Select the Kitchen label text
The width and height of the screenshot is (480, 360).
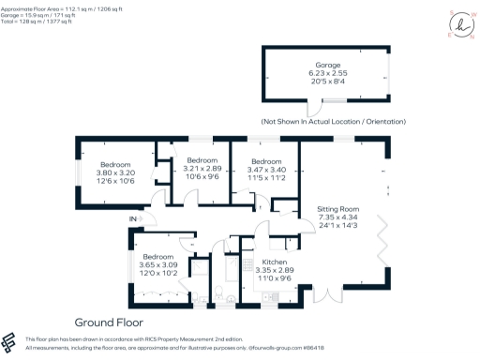(274, 263)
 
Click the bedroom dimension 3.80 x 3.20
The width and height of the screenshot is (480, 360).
(116, 173)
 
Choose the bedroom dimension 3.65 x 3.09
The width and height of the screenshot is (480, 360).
(158, 265)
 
